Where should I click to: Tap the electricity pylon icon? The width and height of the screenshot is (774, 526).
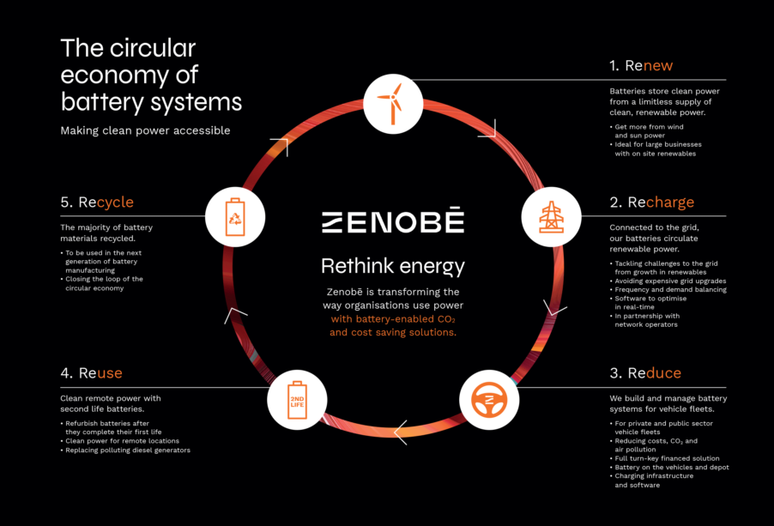click(x=552, y=216)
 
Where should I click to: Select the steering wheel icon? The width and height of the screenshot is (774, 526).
click(x=489, y=400)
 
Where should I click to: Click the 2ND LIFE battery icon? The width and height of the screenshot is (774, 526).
click(x=297, y=400)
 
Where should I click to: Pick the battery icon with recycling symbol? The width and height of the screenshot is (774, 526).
click(x=235, y=216)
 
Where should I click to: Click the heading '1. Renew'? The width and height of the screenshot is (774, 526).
click(x=641, y=65)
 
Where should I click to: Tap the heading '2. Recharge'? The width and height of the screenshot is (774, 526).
click(x=651, y=203)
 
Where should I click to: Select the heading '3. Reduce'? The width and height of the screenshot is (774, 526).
click(x=645, y=373)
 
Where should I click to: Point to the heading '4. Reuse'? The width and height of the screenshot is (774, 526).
click(x=91, y=373)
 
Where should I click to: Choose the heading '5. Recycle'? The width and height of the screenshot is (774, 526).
click(x=97, y=203)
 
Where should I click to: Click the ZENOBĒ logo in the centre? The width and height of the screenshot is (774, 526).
click(x=393, y=221)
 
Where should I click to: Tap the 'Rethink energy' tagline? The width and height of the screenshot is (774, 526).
click(x=393, y=267)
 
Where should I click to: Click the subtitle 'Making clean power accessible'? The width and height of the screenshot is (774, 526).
click(x=145, y=130)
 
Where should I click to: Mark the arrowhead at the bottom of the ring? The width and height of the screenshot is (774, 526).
click(x=401, y=432)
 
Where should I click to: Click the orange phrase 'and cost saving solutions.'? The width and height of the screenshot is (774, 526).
click(x=393, y=333)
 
